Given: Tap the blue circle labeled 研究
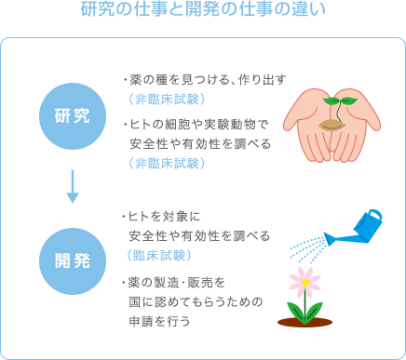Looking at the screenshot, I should click(x=72, y=116).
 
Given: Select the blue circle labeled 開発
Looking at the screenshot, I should click(x=72, y=255).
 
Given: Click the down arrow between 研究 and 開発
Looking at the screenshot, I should click(x=72, y=186).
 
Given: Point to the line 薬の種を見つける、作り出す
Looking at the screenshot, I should click(x=203, y=78).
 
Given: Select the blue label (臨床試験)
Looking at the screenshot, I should click(x=159, y=255).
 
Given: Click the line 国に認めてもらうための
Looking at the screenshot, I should click(x=196, y=301).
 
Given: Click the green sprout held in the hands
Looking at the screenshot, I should click(x=336, y=101).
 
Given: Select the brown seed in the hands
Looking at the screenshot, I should click(x=332, y=125).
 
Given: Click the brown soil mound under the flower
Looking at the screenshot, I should click(x=304, y=322).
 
